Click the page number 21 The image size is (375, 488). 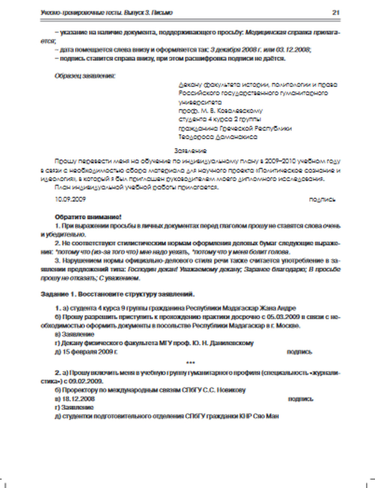click(336, 12)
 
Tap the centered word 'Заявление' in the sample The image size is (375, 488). click(190, 151)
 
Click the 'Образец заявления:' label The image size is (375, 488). click(85, 76)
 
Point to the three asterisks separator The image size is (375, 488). click(190, 363)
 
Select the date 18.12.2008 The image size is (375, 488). click(78, 399)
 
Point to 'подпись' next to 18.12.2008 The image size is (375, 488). click(300, 399)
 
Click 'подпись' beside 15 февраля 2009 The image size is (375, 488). click(299, 352)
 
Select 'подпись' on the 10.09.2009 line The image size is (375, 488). click(322, 199)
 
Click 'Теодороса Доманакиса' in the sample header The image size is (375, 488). click(218, 137)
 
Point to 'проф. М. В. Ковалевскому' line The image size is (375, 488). click(220, 111)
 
